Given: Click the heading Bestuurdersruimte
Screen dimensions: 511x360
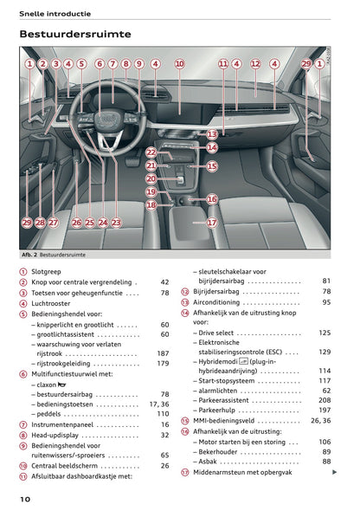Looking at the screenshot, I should tap(75, 34).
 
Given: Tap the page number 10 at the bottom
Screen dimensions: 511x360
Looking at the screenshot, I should tap(26, 499).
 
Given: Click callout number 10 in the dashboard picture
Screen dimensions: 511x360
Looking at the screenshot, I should tap(179, 63).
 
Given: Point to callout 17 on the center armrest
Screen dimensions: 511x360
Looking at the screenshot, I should tap(211, 222).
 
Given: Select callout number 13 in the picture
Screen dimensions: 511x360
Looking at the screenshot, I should tap(212, 134).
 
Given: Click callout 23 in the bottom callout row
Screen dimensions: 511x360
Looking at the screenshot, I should tap(117, 223).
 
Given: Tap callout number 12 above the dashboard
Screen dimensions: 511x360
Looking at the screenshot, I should tap(255, 63).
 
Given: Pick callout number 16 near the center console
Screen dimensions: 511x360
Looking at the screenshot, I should tap(211, 199).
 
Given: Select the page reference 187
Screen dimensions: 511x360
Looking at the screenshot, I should tap(162, 354).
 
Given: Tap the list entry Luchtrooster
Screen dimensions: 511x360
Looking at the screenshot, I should tap(53, 302).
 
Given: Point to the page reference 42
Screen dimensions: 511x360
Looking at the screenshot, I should tap(164, 281).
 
